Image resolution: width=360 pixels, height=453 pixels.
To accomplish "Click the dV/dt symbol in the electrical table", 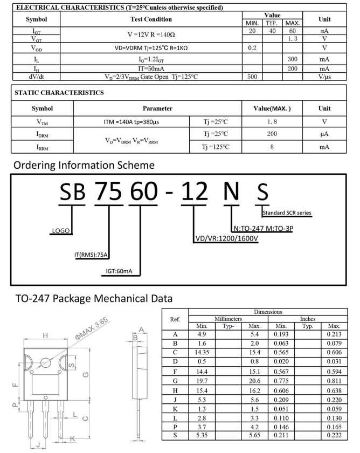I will pos(30,77).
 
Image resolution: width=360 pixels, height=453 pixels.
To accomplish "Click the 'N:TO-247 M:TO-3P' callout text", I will pos(266,228).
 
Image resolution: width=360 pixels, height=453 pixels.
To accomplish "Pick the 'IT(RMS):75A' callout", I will pos(92,255).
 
